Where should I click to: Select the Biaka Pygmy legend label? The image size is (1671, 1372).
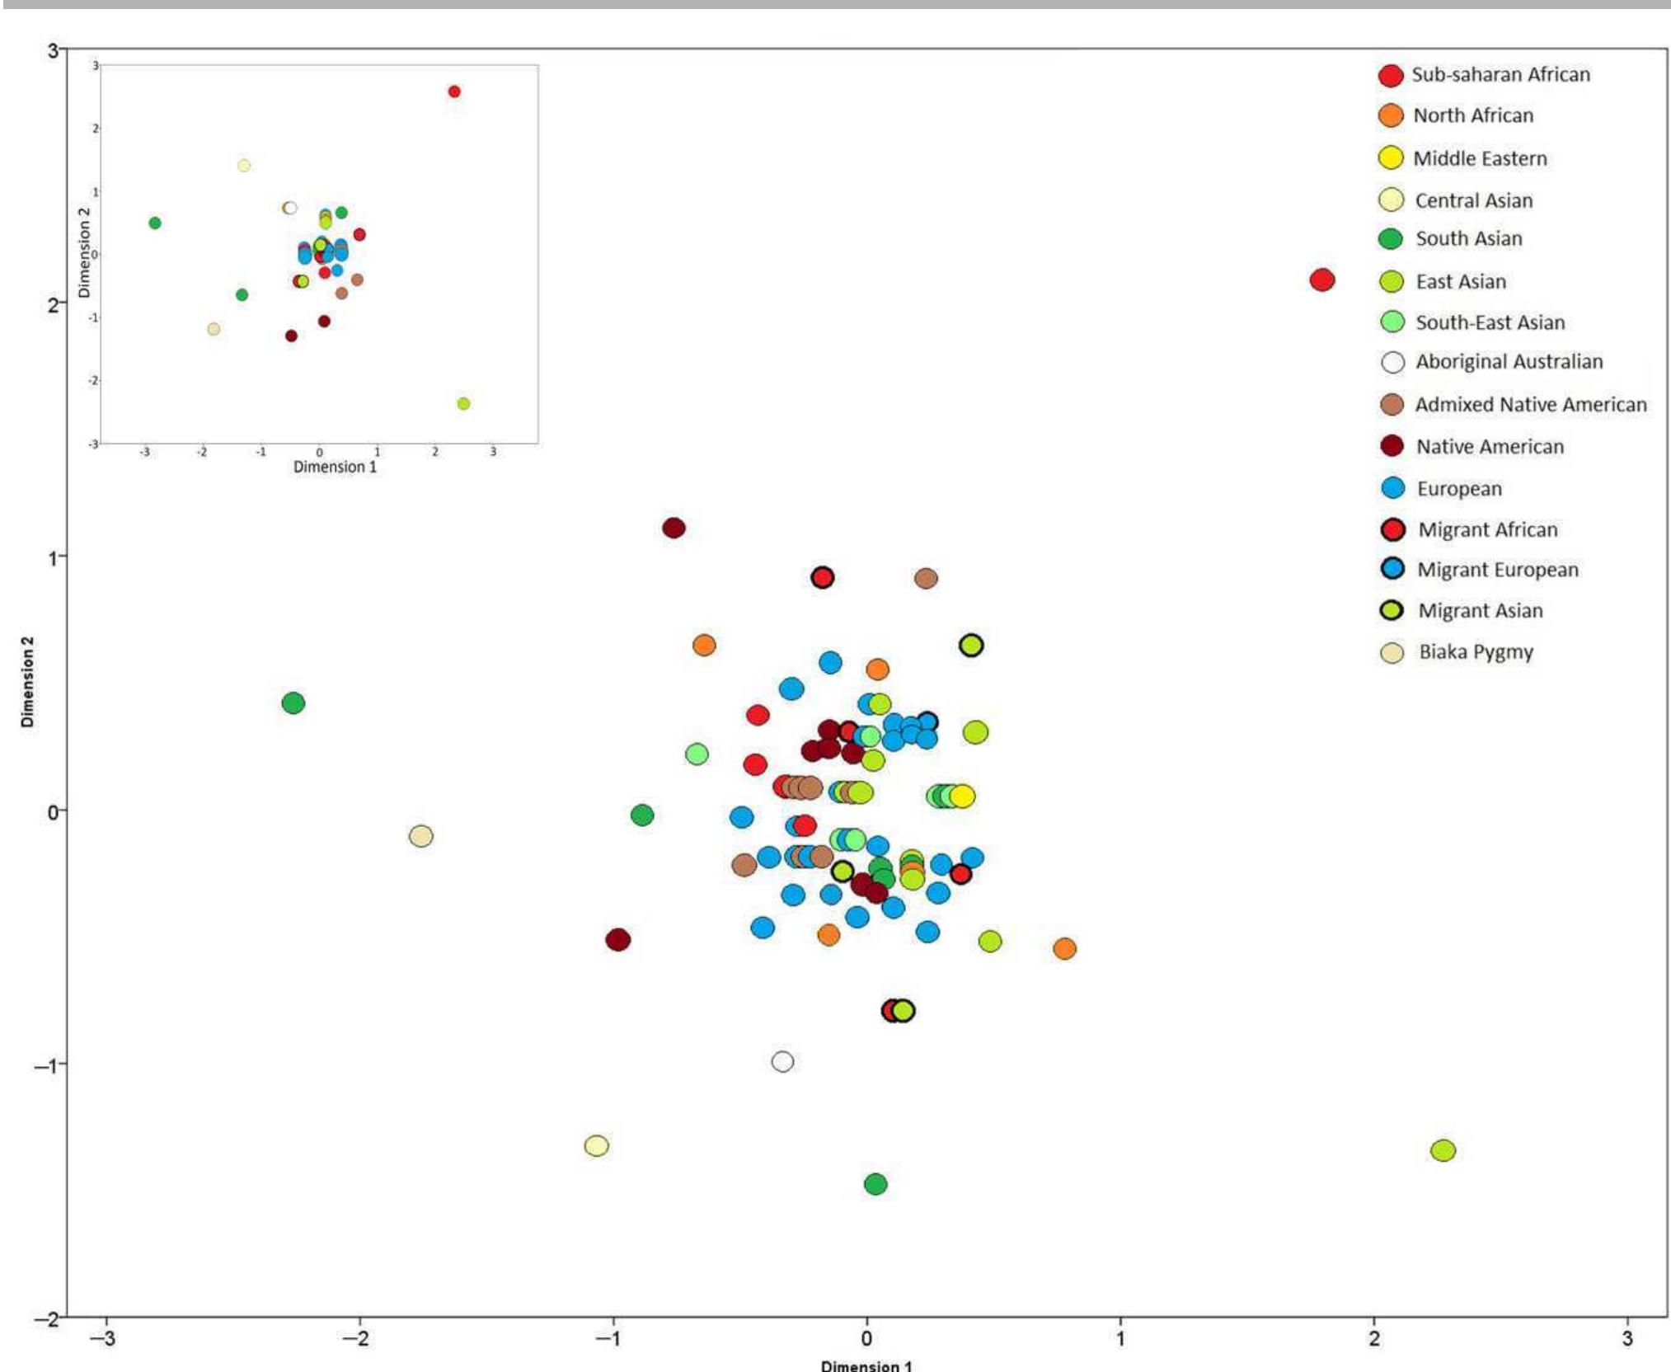[x=1476, y=652]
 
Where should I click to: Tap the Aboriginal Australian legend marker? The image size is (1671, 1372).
[x=1392, y=362]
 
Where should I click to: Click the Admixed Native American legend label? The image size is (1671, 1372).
[x=1531, y=405]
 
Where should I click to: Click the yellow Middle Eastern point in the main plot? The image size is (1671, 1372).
[x=962, y=796]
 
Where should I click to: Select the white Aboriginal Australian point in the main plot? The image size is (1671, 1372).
[x=782, y=1061]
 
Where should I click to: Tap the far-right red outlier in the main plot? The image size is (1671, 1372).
[x=1322, y=280]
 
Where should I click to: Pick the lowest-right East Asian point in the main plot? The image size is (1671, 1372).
[x=1443, y=1150]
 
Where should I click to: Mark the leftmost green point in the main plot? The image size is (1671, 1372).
[x=293, y=703]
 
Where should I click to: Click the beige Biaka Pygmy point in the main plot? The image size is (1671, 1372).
[x=421, y=836]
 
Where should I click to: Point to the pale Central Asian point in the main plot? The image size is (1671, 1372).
[x=596, y=1145]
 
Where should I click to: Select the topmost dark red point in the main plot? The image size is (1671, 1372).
[x=674, y=528]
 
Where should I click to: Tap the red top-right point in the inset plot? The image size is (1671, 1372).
[x=454, y=92]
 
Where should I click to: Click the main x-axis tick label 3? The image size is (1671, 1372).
[x=1626, y=1337]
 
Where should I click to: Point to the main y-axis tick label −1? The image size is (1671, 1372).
[x=47, y=1065]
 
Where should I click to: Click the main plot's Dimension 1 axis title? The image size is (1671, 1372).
[x=866, y=1365]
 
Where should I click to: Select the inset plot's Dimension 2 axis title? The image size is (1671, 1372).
[x=83, y=252]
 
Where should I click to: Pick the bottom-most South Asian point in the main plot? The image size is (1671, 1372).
[x=875, y=1184]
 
